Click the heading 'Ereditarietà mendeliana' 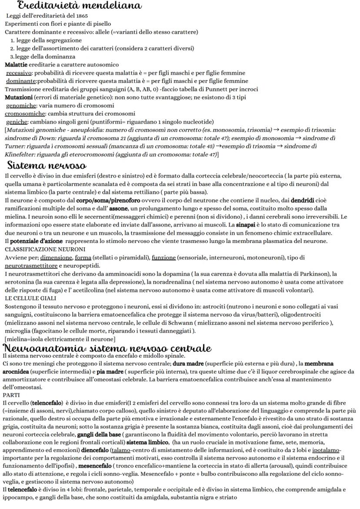[x=79, y=6]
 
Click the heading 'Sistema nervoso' [x=47, y=166]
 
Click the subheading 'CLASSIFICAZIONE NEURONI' [x=45, y=249]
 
